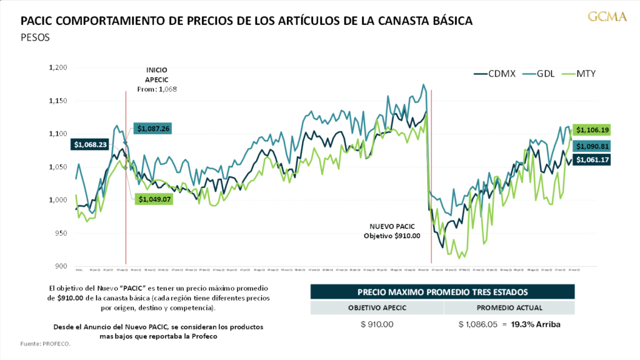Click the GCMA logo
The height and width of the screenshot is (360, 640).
607,17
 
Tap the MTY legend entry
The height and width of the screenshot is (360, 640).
579,74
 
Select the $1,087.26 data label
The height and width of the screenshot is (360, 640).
152,129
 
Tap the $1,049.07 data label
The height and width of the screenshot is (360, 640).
152,199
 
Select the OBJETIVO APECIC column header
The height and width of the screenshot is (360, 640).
377,307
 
